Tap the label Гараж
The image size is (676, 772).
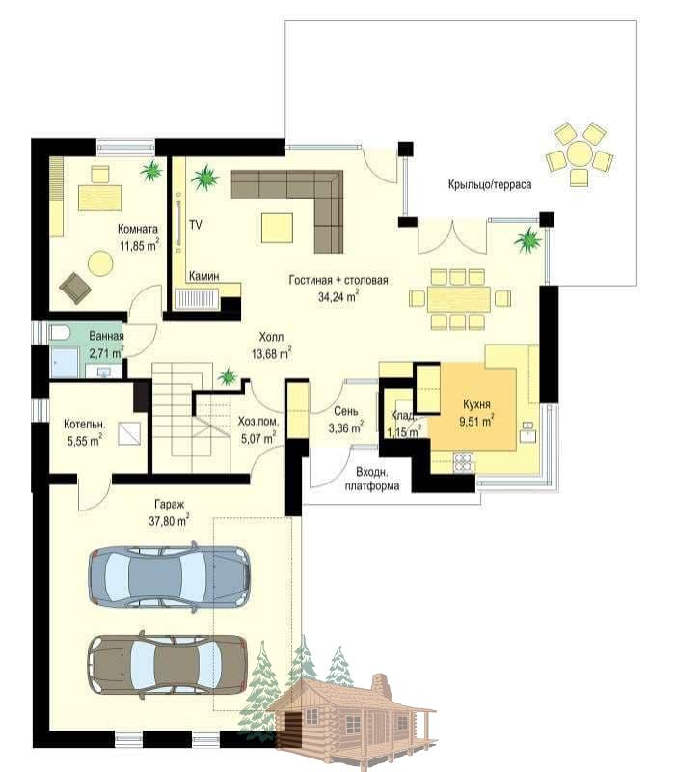point(169,505)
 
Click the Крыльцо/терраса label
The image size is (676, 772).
point(489,185)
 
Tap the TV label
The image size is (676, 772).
point(196,225)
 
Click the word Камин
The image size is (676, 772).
point(203,276)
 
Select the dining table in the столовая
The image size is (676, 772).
point(459,299)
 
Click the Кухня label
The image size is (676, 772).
point(476,404)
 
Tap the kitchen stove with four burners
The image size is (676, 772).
point(463,463)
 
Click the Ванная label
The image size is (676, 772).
point(106,336)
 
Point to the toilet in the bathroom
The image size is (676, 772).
point(61,333)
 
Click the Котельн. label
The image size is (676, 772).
point(84,424)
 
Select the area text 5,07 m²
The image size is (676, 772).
point(257,438)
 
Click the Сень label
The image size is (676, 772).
point(346,411)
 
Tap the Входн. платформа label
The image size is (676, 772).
point(371,479)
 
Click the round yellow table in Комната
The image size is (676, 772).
point(100,263)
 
